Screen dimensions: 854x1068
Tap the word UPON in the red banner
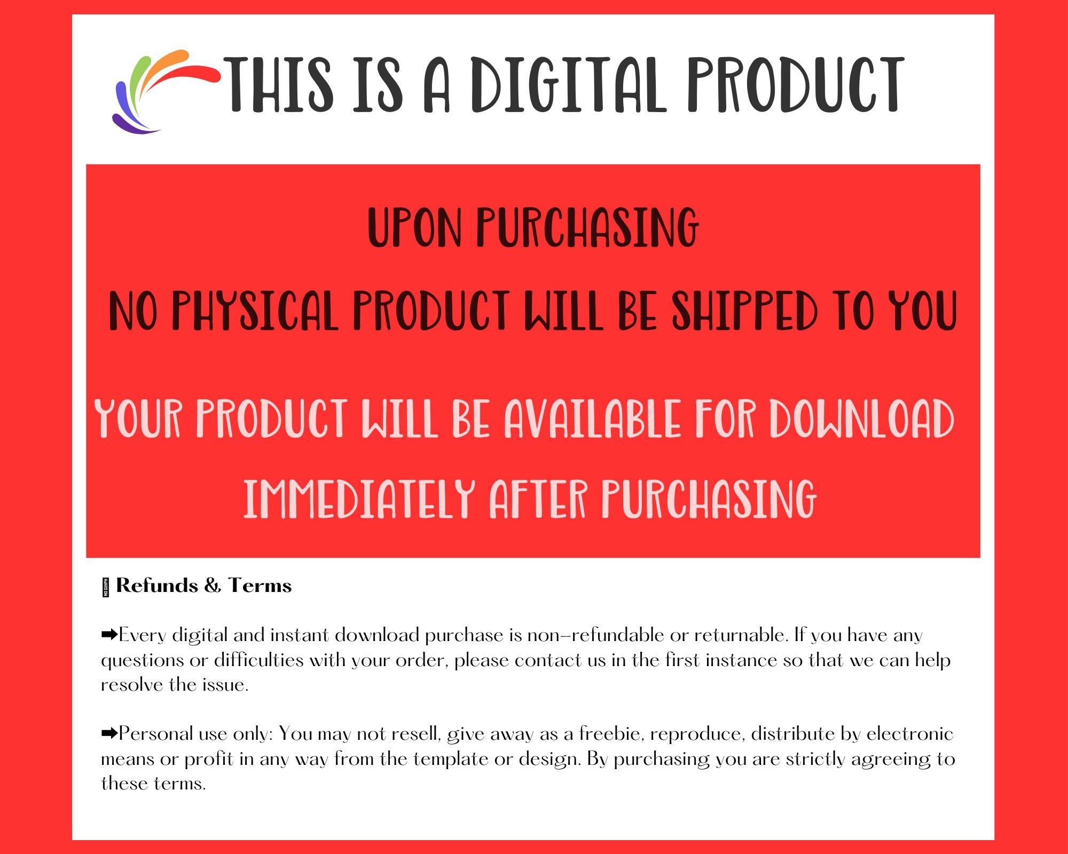[414, 228]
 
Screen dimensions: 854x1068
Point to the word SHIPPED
[744, 311]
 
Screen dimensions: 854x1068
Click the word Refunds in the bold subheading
[157, 586]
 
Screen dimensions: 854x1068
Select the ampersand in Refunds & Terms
[213, 586]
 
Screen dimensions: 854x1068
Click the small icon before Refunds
[106, 588]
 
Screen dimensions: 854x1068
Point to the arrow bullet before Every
[109, 635]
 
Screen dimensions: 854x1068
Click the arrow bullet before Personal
[109, 733]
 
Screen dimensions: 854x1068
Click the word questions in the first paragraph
[143, 661]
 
